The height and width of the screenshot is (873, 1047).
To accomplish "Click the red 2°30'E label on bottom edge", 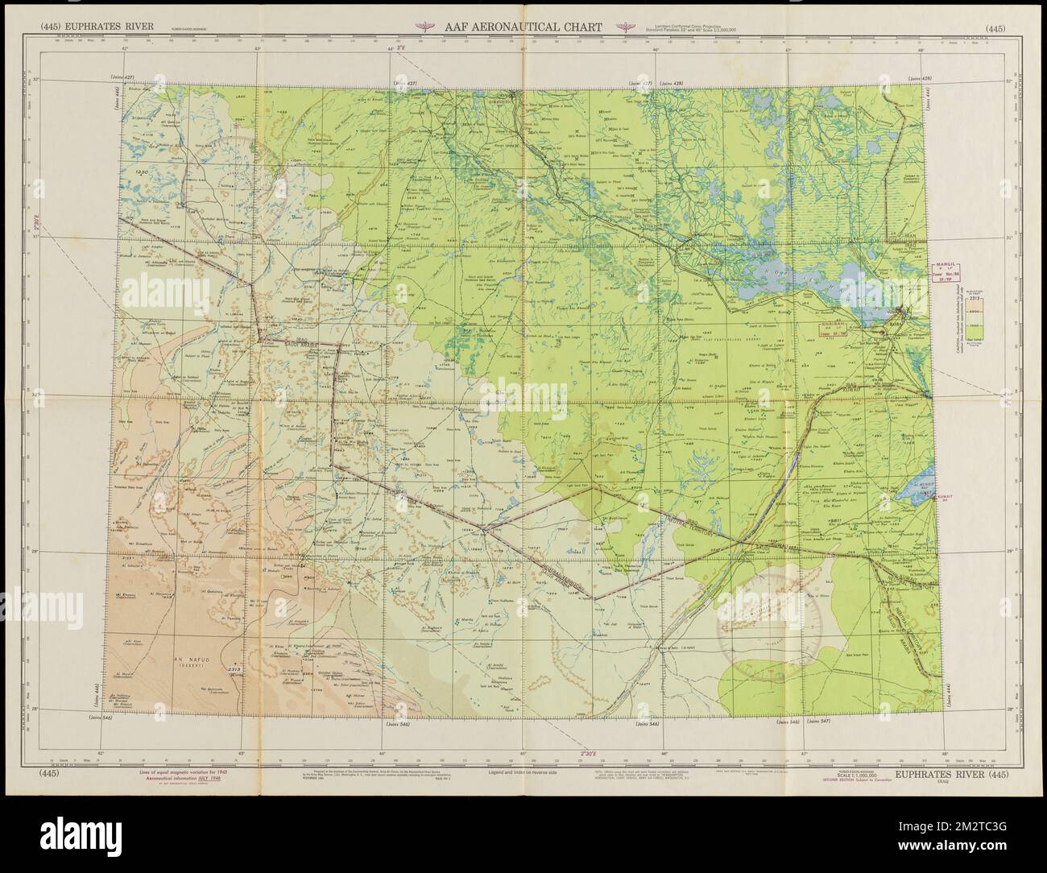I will click(x=590, y=754).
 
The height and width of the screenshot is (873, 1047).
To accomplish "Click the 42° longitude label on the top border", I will click(x=125, y=72).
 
